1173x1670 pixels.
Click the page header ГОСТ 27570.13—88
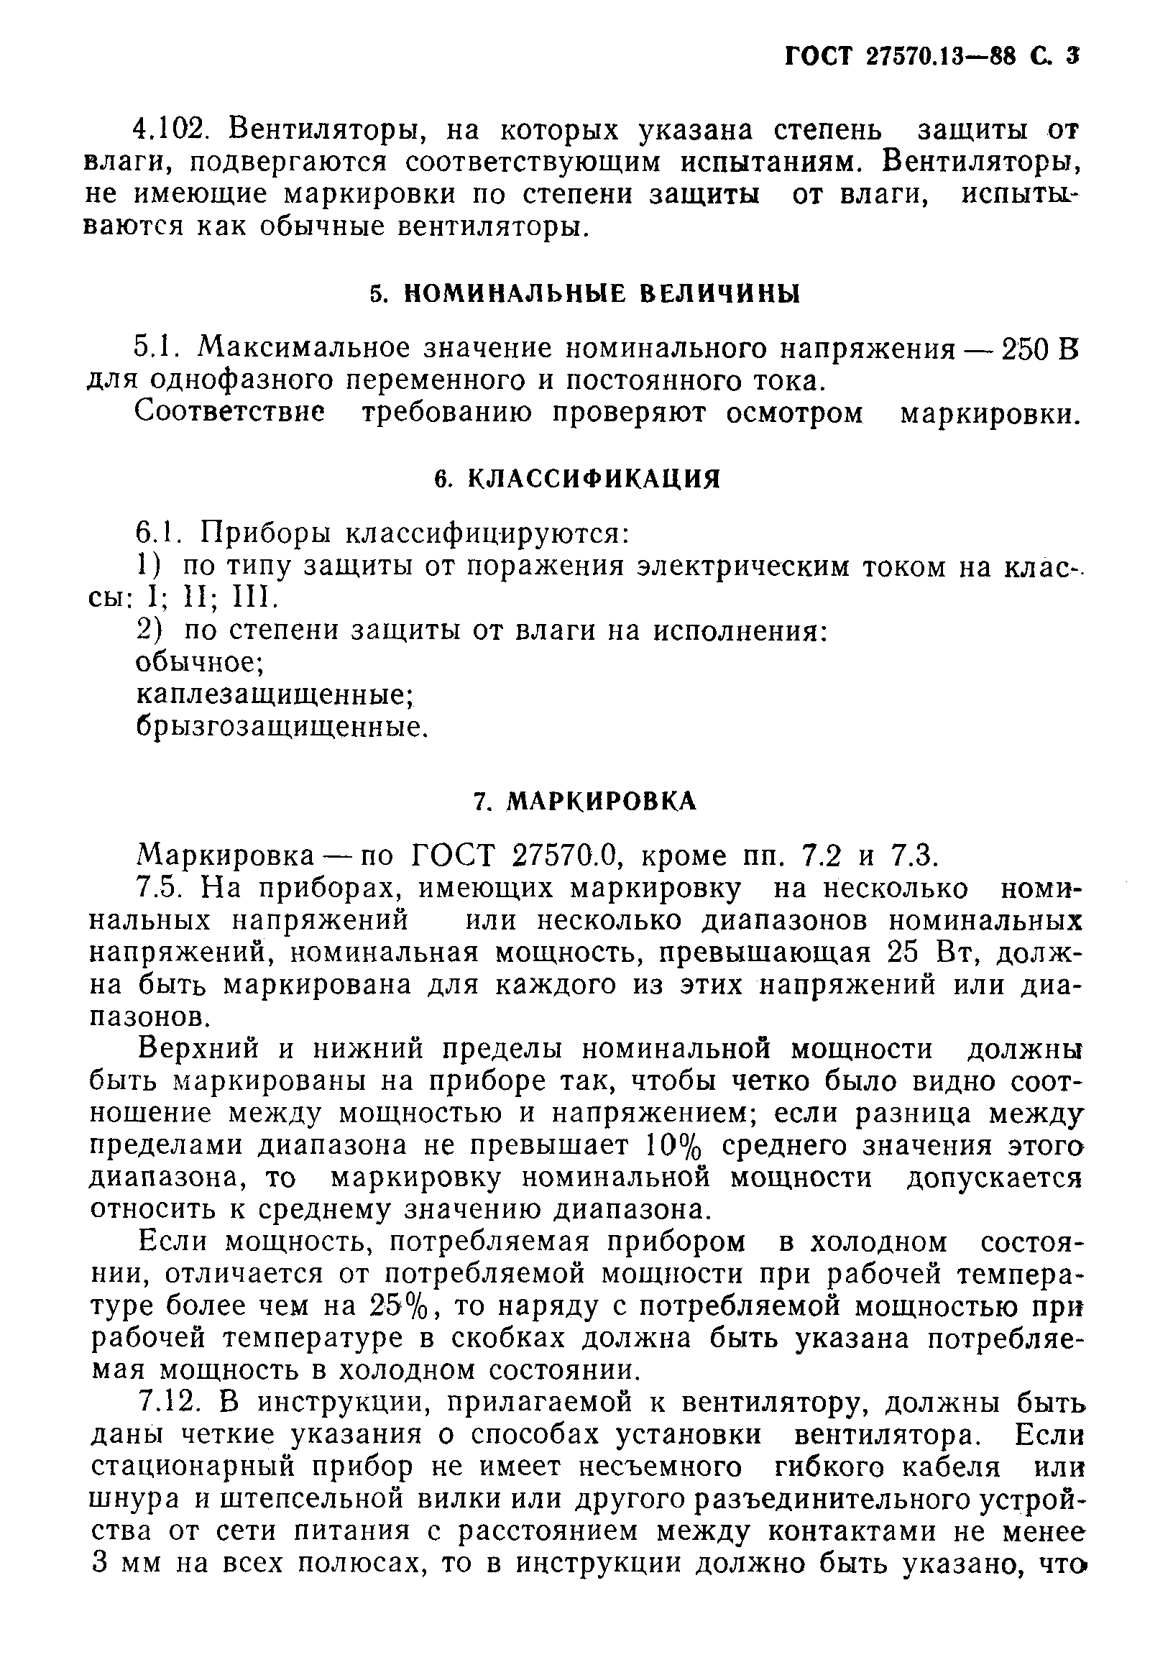pyautogui.click(x=903, y=57)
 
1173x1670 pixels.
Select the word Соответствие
pyautogui.click(x=231, y=413)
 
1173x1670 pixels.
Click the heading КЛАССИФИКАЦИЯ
pyautogui.click(x=592, y=479)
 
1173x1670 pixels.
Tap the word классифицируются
pyautogui.click(x=485, y=534)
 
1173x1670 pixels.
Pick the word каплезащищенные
pyautogui.click(x=274, y=694)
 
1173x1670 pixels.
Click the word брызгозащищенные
pyautogui.click(x=280, y=727)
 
